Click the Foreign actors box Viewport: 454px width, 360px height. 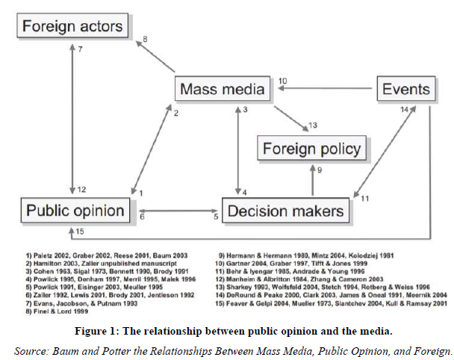[x=72, y=27]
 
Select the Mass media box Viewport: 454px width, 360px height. [x=223, y=90]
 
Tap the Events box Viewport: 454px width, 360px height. [x=405, y=90]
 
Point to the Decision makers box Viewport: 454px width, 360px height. [x=286, y=211]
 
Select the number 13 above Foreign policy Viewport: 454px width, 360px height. [x=313, y=124]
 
